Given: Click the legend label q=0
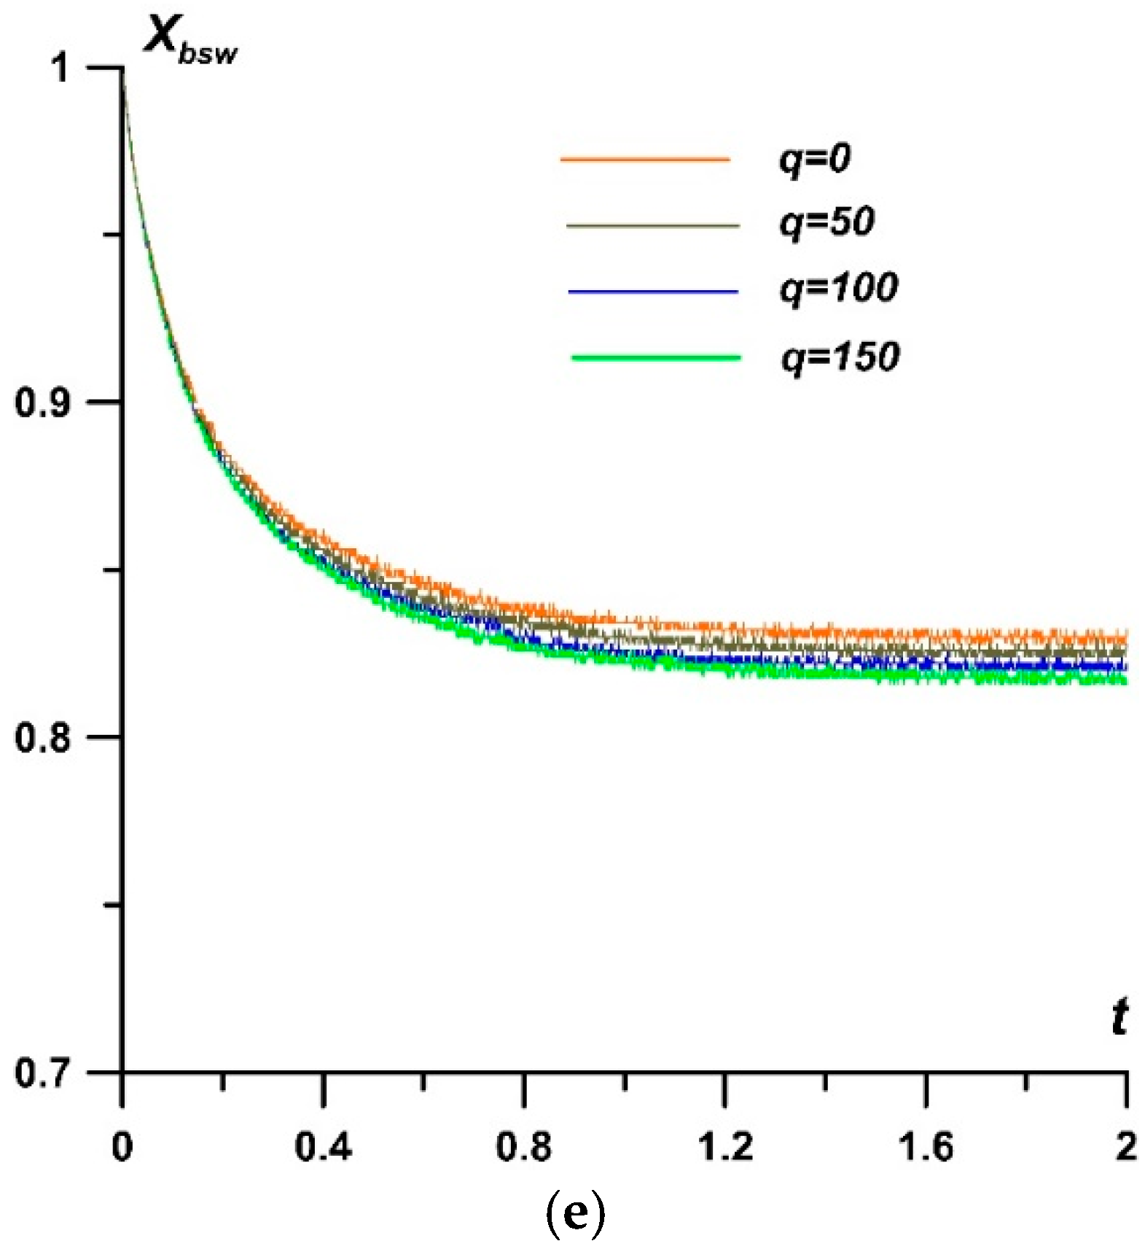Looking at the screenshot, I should (815, 159).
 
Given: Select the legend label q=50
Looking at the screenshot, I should (826, 222).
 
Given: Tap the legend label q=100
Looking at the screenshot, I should (838, 288).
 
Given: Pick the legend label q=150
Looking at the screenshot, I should (840, 357).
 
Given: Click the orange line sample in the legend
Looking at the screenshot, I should (645, 159).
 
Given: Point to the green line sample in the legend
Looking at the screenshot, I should (656, 358).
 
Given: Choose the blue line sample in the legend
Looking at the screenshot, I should (653, 292).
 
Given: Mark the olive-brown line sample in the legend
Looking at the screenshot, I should (653, 225).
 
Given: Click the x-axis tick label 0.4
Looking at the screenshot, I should (323, 1147).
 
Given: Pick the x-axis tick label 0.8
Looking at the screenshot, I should (524, 1147).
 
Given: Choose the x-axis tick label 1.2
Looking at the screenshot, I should (725, 1147).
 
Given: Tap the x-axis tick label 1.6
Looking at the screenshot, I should (926, 1147).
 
